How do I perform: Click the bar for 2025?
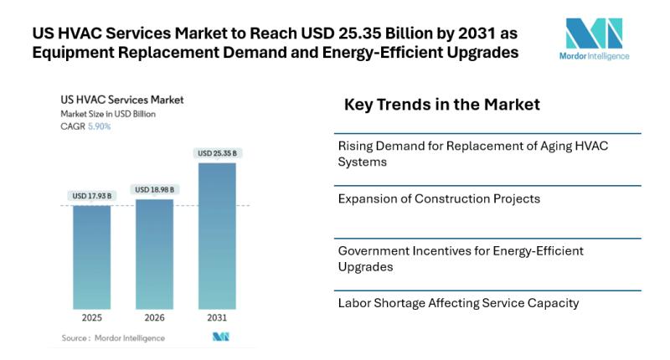(x=91, y=257)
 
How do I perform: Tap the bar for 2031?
(x=217, y=236)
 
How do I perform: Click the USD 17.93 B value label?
(x=91, y=196)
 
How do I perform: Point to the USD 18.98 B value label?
(x=154, y=190)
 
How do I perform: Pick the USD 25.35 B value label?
(x=217, y=153)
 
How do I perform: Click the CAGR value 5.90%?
(x=98, y=126)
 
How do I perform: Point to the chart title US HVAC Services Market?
(x=121, y=100)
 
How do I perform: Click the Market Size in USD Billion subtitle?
(x=107, y=114)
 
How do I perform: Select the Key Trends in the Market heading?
(x=442, y=105)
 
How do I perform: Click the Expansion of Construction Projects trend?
(x=439, y=199)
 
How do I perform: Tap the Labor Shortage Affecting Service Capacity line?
(x=458, y=303)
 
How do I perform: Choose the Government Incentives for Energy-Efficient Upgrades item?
(x=461, y=258)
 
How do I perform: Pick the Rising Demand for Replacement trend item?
(x=472, y=153)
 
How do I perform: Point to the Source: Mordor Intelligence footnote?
(x=113, y=337)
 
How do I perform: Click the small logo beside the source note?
(x=220, y=337)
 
